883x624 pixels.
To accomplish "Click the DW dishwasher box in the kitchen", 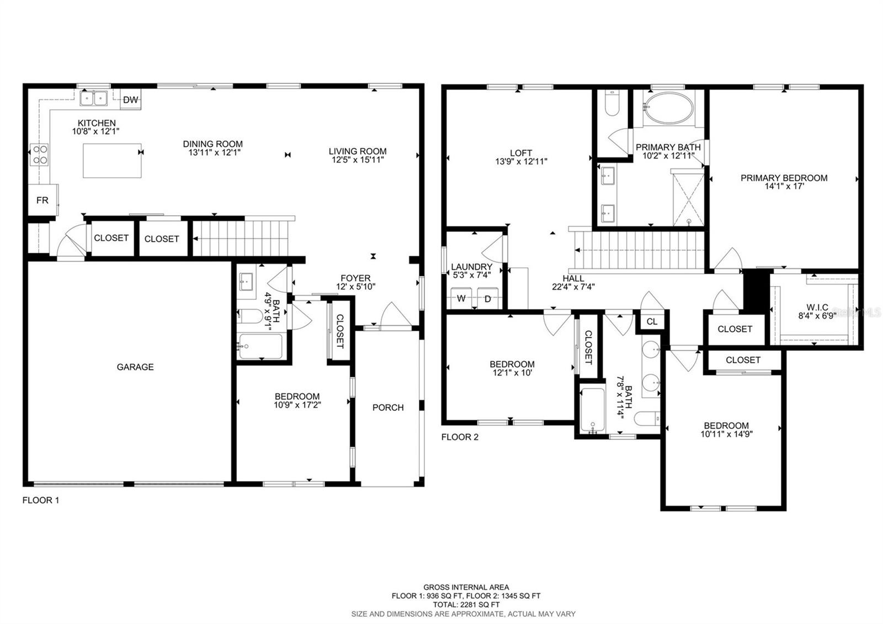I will pyautogui.click(x=130, y=100).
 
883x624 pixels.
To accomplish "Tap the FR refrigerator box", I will pyautogui.click(x=42, y=200).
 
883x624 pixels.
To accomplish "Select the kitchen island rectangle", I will pyautogui.click(x=112, y=161).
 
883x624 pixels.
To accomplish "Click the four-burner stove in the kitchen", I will pyautogui.click(x=40, y=154).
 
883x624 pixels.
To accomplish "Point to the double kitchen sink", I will pyautogui.click(x=94, y=98).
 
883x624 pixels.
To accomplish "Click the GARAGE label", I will pyautogui.click(x=135, y=367).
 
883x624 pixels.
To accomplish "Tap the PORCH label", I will pyautogui.click(x=388, y=408).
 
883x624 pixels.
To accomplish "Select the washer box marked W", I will pyautogui.click(x=461, y=299).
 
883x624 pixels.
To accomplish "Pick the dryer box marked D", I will pyautogui.click(x=488, y=299).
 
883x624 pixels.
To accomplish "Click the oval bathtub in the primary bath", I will pyautogui.click(x=668, y=108).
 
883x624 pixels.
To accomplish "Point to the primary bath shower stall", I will pyautogui.click(x=688, y=199).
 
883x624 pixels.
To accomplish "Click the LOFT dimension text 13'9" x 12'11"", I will pyautogui.click(x=521, y=162).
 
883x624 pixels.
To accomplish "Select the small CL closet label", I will pyautogui.click(x=652, y=321).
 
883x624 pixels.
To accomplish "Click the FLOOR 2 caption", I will pyautogui.click(x=460, y=437).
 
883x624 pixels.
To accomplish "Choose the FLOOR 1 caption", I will pyautogui.click(x=40, y=500).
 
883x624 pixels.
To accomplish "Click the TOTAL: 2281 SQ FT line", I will pyautogui.click(x=466, y=605).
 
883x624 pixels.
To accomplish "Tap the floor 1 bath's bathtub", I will pyautogui.click(x=260, y=346).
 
